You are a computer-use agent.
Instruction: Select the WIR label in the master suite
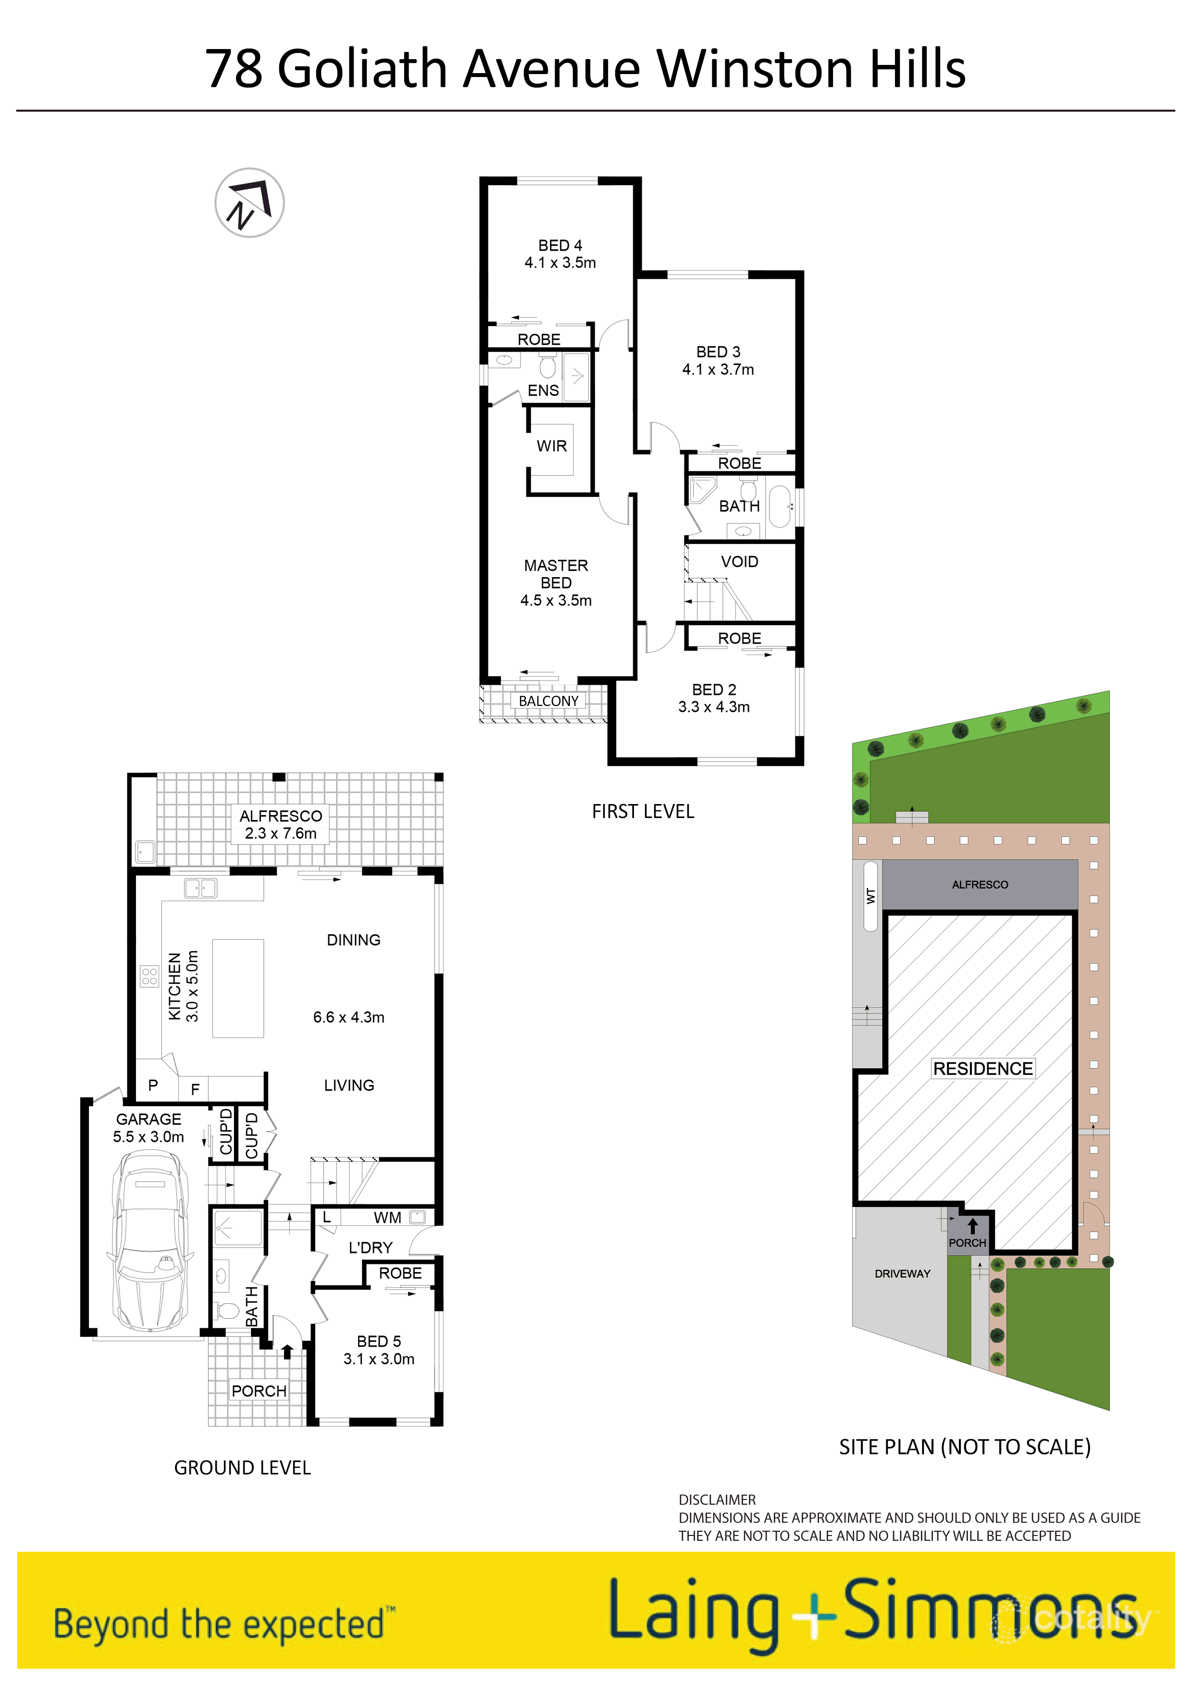click(552, 446)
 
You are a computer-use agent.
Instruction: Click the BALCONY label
click(548, 701)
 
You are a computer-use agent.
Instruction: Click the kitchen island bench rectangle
click(238, 988)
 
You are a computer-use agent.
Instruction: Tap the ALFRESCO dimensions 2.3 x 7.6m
click(281, 833)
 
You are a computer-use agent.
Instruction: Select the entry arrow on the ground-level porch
click(287, 1351)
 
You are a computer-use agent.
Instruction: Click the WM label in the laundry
click(387, 1218)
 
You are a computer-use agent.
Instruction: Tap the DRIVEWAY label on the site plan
click(902, 1273)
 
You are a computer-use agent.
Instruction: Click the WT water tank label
click(871, 895)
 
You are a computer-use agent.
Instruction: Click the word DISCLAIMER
click(717, 1499)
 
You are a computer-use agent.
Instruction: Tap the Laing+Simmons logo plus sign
click(813, 1616)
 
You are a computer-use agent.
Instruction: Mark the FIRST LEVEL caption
click(643, 811)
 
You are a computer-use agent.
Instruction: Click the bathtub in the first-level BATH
click(779, 506)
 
